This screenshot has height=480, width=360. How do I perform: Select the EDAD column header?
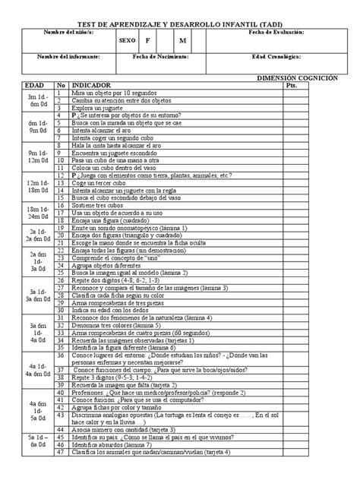coord(36,87)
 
